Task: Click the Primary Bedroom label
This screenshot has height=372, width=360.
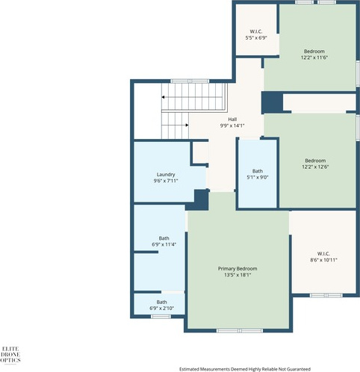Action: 238,269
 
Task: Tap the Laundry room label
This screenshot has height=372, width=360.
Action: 166,175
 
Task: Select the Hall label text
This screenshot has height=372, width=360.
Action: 232,120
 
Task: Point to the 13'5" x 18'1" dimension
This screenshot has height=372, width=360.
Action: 238,275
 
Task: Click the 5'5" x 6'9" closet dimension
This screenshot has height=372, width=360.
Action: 256,38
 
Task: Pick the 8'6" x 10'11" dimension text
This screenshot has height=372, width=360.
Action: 323,260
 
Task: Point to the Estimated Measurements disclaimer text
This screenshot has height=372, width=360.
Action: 245,369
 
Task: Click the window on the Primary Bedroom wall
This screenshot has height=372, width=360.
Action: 240,331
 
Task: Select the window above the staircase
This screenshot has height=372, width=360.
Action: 190,81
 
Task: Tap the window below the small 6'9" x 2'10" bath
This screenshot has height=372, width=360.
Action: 161,317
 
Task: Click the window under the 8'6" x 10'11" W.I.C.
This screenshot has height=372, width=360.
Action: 326,295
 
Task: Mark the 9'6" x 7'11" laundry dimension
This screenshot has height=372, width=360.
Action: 166,181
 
